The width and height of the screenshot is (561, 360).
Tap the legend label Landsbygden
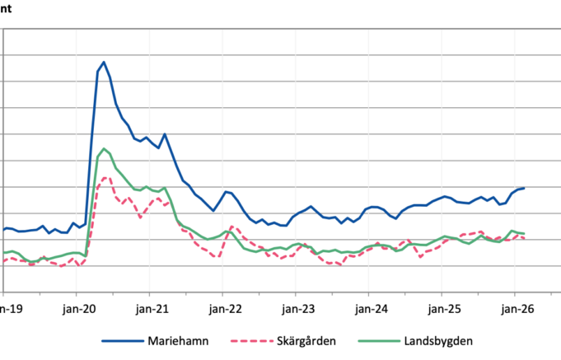438,341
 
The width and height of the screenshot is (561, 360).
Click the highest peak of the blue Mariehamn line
104,62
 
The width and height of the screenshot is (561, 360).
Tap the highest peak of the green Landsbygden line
104,148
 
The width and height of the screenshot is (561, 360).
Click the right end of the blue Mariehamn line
524,188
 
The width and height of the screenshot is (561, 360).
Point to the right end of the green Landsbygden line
524,233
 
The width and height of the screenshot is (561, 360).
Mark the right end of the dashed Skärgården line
524,238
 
